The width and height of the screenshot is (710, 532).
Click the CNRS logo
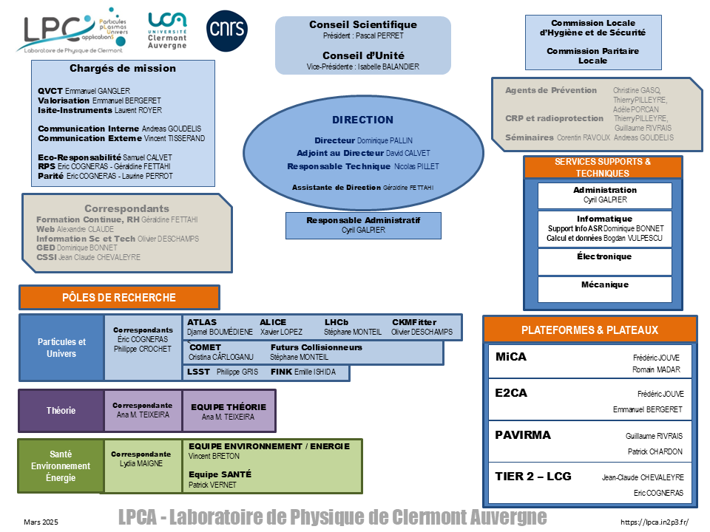click(227, 31)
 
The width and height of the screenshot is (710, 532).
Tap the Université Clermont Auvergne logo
click(167, 30)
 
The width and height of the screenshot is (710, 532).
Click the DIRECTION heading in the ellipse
click(362, 120)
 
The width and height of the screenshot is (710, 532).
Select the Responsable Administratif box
click(363, 225)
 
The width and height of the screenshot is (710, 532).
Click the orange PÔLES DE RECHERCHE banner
click(119, 297)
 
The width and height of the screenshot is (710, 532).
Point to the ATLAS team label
click(202, 322)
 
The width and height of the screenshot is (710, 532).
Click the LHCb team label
click(337, 322)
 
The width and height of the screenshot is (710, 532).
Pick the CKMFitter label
click(414, 322)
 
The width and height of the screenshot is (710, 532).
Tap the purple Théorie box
click(61, 411)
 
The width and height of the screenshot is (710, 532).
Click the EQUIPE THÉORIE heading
click(229, 407)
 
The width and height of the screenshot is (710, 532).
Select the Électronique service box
click(604, 262)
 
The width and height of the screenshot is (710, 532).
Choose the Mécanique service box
click(604, 289)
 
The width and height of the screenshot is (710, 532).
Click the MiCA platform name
click(511, 357)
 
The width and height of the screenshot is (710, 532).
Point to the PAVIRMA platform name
click(523, 435)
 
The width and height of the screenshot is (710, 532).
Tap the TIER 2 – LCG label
click(533, 477)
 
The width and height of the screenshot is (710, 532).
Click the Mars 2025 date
click(41, 522)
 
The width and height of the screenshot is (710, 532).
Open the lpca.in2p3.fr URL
click(655, 522)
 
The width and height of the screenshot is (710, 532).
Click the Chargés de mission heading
click(123, 68)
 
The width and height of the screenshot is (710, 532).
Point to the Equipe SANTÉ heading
click(220, 474)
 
